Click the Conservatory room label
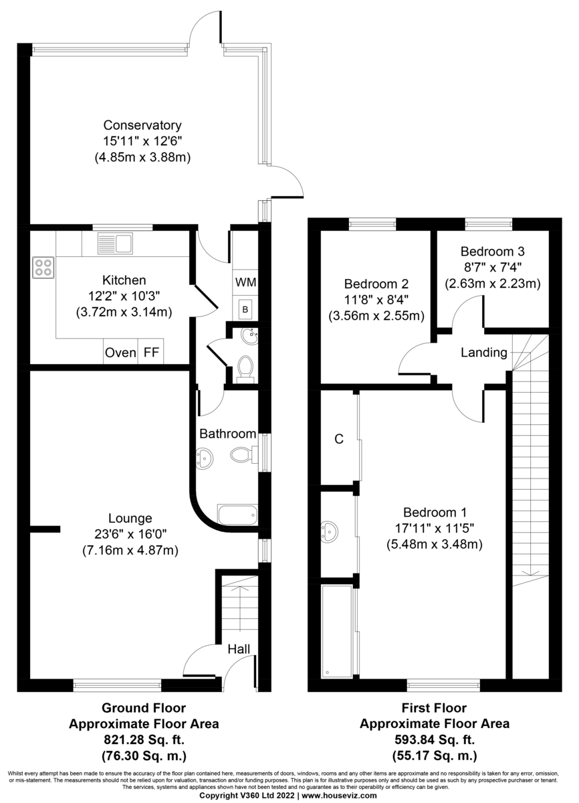142,125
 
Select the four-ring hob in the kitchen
43,268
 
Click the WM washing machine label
245,282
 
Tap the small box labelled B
245,309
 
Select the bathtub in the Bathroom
237,516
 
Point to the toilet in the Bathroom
242,454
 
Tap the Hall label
239,648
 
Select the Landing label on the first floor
484,353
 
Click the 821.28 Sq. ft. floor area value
143,740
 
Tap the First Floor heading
434,708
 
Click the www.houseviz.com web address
340,796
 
